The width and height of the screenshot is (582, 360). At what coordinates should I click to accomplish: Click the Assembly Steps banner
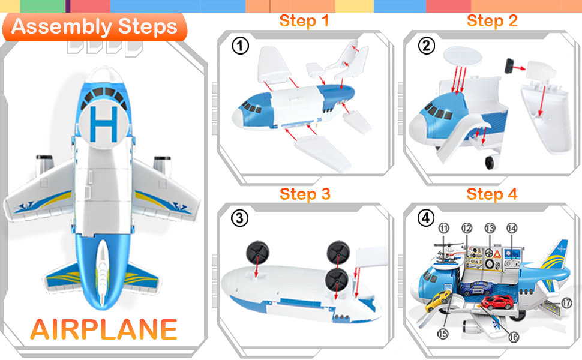pyautogui.click(x=95, y=27)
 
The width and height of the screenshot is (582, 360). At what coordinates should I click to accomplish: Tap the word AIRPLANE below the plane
pyautogui.click(x=104, y=329)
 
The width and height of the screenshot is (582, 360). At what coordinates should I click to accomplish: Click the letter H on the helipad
pyautogui.click(x=104, y=124)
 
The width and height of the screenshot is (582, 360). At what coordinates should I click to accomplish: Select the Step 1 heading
pyautogui.click(x=304, y=21)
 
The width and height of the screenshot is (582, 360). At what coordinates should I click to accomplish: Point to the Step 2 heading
pyautogui.click(x=492, y=21)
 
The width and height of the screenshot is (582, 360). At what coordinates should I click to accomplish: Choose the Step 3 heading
pyautogui.click(x=305, y=194)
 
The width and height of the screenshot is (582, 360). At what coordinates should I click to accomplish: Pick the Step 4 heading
pyautogui.click(x=492, y=194)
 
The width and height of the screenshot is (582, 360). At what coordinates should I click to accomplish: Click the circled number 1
pyautogui.click(x=240, y=46)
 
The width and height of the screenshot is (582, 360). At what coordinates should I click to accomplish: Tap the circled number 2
pyautogui.click(x=427, y=46)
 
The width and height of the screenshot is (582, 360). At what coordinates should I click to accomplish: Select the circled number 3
pyautogui.click(x=240, y=218)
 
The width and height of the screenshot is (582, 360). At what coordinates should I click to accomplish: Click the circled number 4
pyautogui.click(x=426, y=218)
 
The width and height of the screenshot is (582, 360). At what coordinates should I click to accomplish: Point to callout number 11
pyautogui.click(x=444, y=228)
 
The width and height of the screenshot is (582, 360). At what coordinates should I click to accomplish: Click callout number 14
pyautogui.click(x=512, y=228)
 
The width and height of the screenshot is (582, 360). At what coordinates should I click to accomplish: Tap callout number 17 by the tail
pyautogui.click(x=566, y=303)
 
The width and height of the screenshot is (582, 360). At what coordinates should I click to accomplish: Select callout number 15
pyautogui.click(x=443, y=334)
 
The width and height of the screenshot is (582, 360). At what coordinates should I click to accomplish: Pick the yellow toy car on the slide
pyautogui.click(x=438, y=300)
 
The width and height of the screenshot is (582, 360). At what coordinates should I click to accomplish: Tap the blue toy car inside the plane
pyautogui.click(x=477, y=288)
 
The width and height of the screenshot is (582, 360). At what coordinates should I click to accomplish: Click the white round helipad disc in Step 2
pyautogui.click(x=463, y=57)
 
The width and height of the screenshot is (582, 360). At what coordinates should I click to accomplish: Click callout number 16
pyautogui.click(x=514, y=337)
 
